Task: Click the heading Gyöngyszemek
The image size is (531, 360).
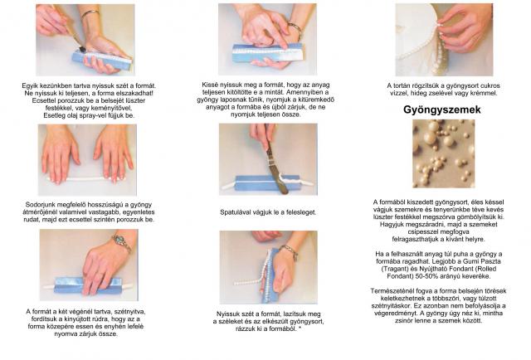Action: click(x=442, y=109)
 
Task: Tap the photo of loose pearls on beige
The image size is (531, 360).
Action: click(x=443, y=153)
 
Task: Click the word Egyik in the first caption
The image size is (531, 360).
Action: click(x=30, y=86)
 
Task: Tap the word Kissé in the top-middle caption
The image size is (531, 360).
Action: click(x=210, y=85)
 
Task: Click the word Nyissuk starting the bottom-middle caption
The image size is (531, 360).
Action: click(x=229, y=314)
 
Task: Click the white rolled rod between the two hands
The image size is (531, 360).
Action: click(x=86, y=178)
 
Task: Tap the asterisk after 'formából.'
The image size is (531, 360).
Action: click(x=300, y=328)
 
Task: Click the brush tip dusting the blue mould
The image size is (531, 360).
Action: click(x=82, y=49)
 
